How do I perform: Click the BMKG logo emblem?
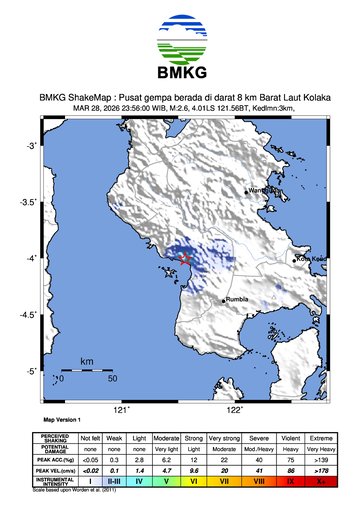180,41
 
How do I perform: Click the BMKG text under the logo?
180,74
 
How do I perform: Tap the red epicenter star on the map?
184,260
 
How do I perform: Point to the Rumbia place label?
236,300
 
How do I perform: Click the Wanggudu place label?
262,190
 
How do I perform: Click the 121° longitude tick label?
121,409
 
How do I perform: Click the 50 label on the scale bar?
113,380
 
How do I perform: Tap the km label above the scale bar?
87,360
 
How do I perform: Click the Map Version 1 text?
62,421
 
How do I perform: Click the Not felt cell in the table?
90,438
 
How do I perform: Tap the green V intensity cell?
168,481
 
